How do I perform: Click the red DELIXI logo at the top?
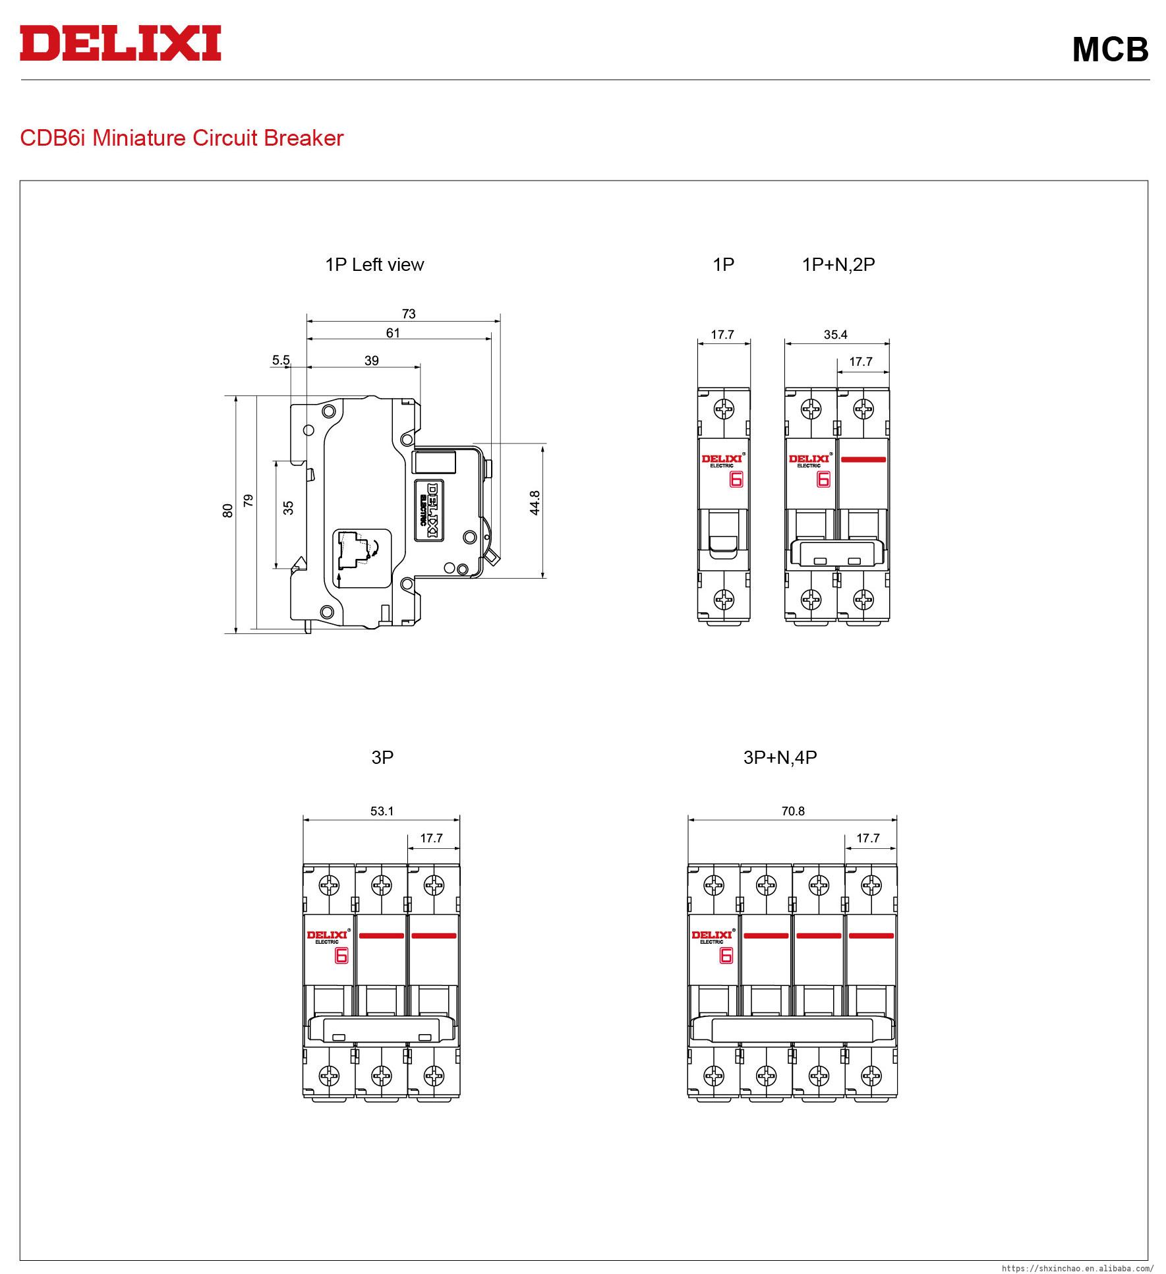pyautogui.click(x=121, y=43)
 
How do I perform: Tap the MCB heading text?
pyautogui.click(x=1110, y=49)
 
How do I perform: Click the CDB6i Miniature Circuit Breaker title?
pyautogui.click(x=182, y=138)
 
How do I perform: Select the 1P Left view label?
pyautogui.click(x=374, y=265)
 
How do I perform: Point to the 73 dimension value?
pyautogui.click(x=409, y=314)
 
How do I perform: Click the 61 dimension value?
pyautogui.click(x=393, y=333)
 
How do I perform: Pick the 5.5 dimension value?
pyautogui.click(x=281, y=360)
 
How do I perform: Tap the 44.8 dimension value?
pyautogui.click(x=535, y=503)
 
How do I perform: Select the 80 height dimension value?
pyautogui.click(x=227, y=510)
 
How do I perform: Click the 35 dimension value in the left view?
pyautogui.click(x=288, y=507)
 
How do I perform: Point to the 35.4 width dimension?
pyautogui.click(x=835, y=335)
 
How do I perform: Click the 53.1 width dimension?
pyautogui.click(x=382, y=811)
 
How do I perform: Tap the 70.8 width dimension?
pyautogui.click(x=793, y=811)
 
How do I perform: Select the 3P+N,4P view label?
pyautogui.click(x=780, y=758)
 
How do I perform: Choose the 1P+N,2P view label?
pyautogui.click(x=838, y=265)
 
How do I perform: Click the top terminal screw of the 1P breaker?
pyautogui.click(x=724, y=409)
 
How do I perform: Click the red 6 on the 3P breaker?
pyautogui.click(x=341, y=956)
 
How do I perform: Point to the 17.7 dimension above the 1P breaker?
pyautogui.click(x=722, y=335)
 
